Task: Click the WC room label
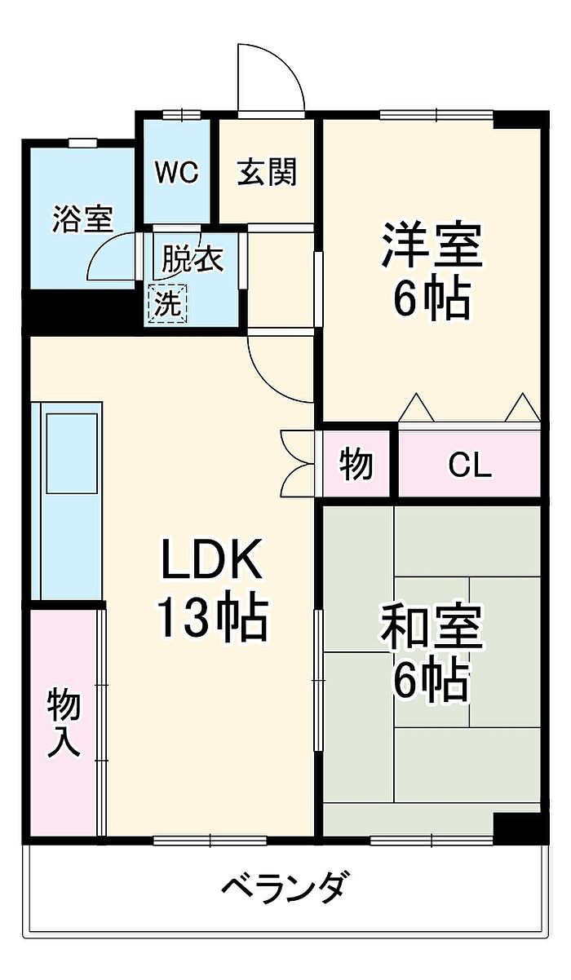[x=177, y=173]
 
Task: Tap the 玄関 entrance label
[x=267, y=172]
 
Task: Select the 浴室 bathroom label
[x=83, y=219]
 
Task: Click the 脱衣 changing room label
[x=193, y=259]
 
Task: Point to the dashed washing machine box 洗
[x=168, y=303]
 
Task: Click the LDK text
[x=212, y=559]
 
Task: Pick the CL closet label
[x=470, y=465]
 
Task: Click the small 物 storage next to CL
[x=356, y=465]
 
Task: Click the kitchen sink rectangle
[x=72, y=453]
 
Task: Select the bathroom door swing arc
[x=112, y=256]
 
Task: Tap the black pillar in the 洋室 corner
[x=521, y=119]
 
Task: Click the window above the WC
[x=181, y=115]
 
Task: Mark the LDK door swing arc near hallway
[x=281, y=369]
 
